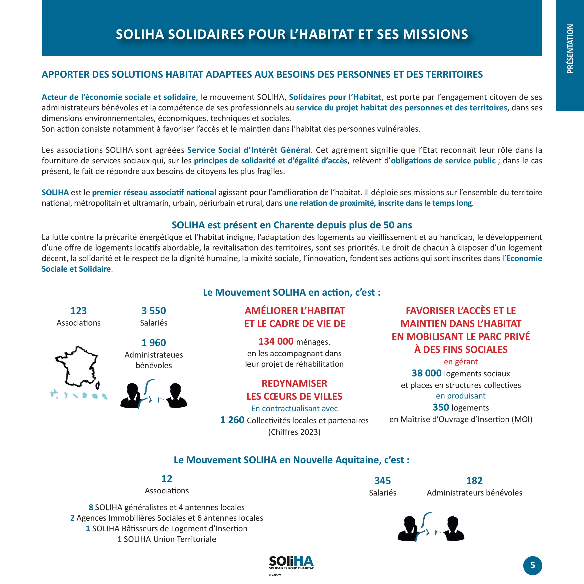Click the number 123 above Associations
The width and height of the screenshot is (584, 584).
[78, 310]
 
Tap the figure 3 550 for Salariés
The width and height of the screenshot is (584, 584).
[153, 310]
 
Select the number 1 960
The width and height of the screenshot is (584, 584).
[153, 342]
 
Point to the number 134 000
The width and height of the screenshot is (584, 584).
[276, 341]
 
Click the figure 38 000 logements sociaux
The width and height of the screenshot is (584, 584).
[426, 373]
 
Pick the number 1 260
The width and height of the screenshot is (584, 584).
[232, 420]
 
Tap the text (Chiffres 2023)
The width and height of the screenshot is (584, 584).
[294, 432]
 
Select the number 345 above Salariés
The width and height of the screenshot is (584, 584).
[382, 480]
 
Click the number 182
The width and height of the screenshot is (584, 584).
[474, 480]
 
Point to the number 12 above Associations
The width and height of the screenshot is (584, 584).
[167, 479]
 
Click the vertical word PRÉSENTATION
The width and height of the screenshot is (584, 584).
[570, 49]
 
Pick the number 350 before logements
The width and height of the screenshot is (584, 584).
[440, 407]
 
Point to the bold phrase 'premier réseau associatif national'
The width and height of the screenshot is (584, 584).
[154, 192]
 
